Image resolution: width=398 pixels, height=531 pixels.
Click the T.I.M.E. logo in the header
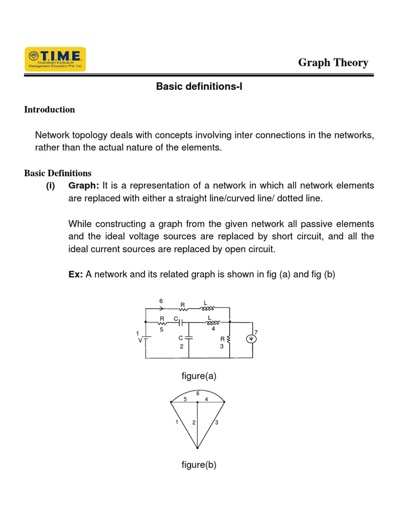(55, 59)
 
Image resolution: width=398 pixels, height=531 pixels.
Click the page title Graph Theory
(333, 63)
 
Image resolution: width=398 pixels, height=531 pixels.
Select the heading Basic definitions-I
(199, 87)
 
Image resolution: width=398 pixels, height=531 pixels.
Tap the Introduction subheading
(50, 109)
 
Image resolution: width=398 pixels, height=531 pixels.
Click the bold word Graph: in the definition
(84, 186)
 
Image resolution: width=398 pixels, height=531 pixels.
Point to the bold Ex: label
(76, 275)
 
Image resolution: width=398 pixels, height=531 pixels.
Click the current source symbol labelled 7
(252, 339)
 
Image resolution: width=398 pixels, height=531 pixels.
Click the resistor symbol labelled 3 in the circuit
(229, 340)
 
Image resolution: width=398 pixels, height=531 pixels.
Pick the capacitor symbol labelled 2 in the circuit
(189, 337)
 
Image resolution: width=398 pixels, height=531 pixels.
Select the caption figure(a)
(198, 376)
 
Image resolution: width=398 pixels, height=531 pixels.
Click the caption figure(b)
(198, 465)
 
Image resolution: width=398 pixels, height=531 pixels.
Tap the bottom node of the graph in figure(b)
(197, 448)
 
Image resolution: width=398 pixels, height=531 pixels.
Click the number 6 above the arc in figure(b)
(197, 394)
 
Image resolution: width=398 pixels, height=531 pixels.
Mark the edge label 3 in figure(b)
(217, 423)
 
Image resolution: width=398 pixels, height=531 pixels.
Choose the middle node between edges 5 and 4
(197, 402)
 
